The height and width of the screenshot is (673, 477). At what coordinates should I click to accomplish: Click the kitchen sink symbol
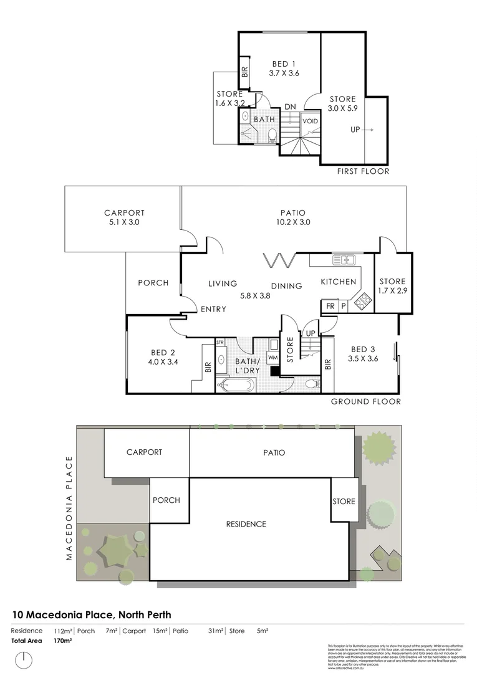(x=343, y=260)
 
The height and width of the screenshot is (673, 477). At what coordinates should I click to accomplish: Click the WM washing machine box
(x=272, y=358)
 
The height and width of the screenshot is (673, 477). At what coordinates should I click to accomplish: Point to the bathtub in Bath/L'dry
(x=235, y=386)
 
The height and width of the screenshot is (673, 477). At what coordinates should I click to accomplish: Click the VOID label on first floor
(x=310, y=121)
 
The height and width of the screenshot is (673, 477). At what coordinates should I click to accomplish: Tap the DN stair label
(x=290, y=107)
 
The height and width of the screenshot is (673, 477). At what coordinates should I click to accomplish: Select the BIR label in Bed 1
(x=244, y=71)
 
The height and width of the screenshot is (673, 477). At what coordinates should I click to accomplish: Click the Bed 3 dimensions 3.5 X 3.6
(x=360, y=359)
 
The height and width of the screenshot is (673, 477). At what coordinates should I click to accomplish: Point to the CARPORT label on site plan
(x=144, y=452)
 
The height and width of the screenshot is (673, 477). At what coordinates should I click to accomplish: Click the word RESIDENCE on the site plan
(x=246, y=524)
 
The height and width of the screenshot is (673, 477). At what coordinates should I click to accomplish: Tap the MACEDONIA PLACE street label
(x=69, y=508)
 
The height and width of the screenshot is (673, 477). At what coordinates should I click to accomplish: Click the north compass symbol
(x=24, y=658)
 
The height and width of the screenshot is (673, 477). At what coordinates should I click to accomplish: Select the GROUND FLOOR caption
(x=365, y=402)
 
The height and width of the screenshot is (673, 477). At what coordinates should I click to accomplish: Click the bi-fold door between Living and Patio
(x=277, y=259)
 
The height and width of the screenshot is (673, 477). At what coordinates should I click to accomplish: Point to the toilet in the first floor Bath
(x=272, y=135)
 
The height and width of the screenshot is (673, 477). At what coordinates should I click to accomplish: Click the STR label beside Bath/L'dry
(x=219, y=342)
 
